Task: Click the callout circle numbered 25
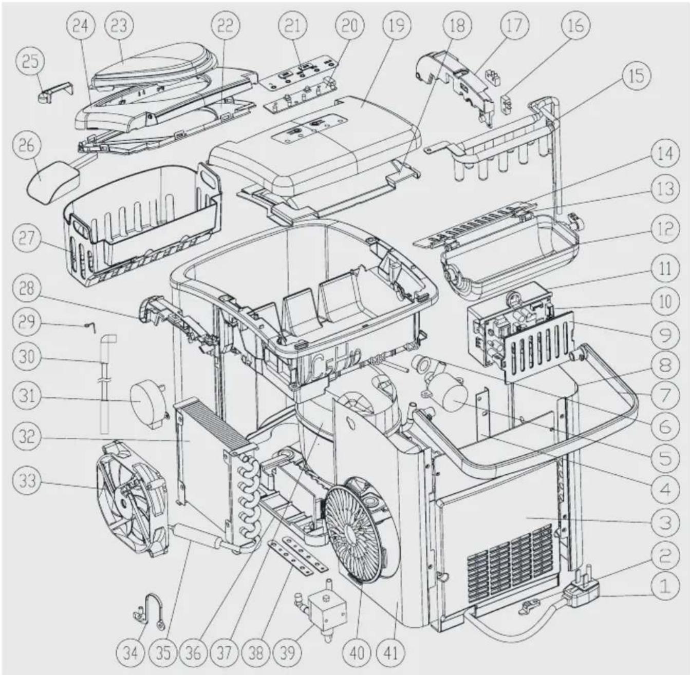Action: point(30,62)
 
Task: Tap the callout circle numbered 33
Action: point(27,480)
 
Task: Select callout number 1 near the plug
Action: point(664,587)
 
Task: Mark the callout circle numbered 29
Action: point(27,322)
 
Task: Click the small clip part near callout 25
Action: point(56,91)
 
